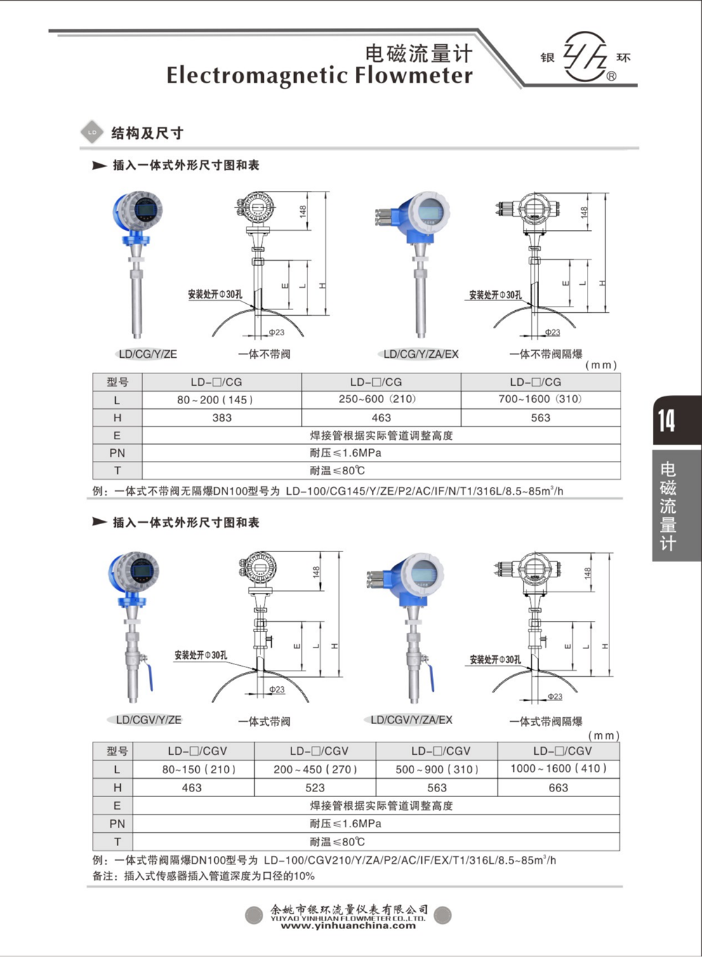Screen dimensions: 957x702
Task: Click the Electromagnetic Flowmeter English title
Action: [x=319, y=75]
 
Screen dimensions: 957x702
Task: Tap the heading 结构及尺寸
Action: [x=147, y=133]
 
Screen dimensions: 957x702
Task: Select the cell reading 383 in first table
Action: [x=222, y=417]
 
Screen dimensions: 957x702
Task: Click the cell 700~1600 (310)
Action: [x=540, y=399]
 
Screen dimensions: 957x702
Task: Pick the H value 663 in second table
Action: [x=558, y=788]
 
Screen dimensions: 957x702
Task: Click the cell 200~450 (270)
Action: [x=315, y=769]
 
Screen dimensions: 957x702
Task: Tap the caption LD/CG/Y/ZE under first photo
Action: [x=148, y=354]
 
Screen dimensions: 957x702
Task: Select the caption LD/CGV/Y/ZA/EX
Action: [x=411, y=720]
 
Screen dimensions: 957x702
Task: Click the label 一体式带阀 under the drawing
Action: [x=264, y=721]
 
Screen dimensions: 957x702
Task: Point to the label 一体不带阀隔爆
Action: [x=545, y=354]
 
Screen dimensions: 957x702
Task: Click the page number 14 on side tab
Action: [x=667, y=420]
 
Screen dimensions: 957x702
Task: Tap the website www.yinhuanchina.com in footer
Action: [x=348, y=926]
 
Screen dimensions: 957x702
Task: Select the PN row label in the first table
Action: [x=117, y=453]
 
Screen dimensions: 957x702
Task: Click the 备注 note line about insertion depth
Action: [x=204, y=876]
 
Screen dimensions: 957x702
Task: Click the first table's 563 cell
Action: [x=540, y=417]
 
